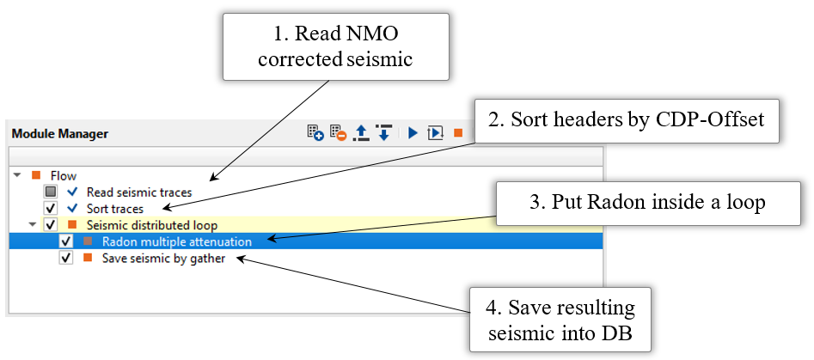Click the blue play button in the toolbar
[x=413, y=133]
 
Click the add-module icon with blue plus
[x=315, y=133]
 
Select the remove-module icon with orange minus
[x=338, y=133]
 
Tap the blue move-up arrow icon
[x=362, y=133]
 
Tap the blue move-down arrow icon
[x=384, y=133]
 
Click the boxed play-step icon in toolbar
[x=435, y=133]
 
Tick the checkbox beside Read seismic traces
[x=51, y=192]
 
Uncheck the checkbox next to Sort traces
[x=51, y=208]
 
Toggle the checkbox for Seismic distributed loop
[x=51, y=225]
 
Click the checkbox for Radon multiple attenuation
[x=66, y=241]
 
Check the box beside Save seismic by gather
[x=66, y=258]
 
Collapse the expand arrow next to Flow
[x=17, y=175]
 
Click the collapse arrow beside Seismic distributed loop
[x=33, y=225]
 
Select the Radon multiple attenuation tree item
[x=182, y=241]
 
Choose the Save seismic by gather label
[x=163, y=258]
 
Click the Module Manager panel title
[x=60, y=134]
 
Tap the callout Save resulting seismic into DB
[x=559, y=317]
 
